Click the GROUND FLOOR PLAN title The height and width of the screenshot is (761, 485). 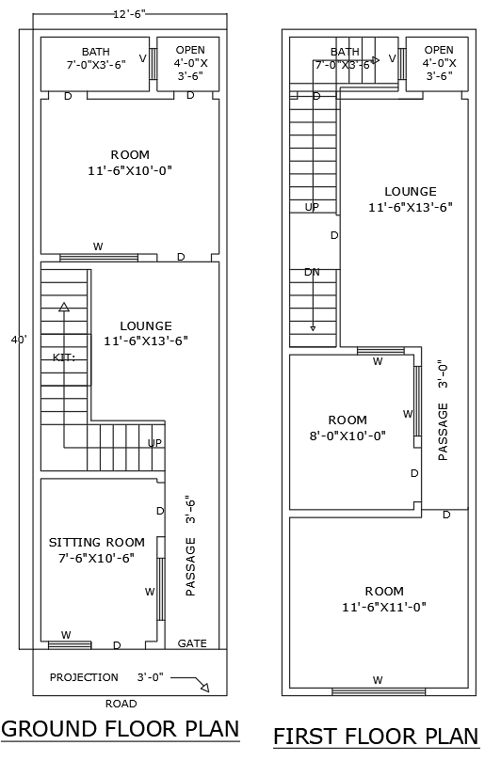pyautogui.click(x=120, y=729)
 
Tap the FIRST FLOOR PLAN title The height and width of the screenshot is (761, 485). pyautogui.click(x=376, y=735)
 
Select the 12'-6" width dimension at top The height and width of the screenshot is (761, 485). pyautogui.click(x=130, y=14)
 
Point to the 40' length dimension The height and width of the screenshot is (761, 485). pyautogui.click(x=19, y=339)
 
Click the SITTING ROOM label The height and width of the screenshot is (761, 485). pyautogui.click(x=97, y=543)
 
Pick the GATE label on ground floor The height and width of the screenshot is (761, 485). pyautogui.click(x=192, y=644)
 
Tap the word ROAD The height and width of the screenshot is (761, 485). pyautogui.click(x=121, y=704)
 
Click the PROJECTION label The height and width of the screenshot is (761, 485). pyautogui.click(x=84, y=677)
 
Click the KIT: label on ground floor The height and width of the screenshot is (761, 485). pyautogui.click(x=63, y=357)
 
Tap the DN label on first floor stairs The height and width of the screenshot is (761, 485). pyautogui.click(x=312, y=272)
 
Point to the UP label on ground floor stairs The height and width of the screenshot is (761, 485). pyautogui.click(x=155, y=442)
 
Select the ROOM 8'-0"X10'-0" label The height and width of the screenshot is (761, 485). pyautogui.click(x=348, y=427)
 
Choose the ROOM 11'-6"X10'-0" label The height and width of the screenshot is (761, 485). pyautogui.click(x=130, y=163)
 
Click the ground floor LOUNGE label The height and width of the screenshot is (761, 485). pyautogui.click(x=146, y=333)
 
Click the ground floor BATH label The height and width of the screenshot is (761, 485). pyautogui.click(x=95, y=52)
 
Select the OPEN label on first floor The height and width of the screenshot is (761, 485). pyautogui.click(x=439, y=50)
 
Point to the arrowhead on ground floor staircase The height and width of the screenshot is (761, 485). pyautogui.click(x=64, y=306)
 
